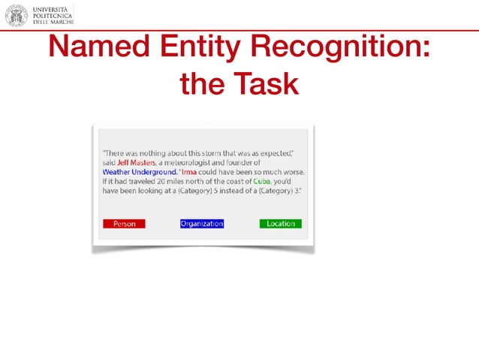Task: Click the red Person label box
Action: (124, 224)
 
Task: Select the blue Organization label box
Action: (202, 224)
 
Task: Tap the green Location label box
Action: (281, 224)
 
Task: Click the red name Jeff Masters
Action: (137, 162)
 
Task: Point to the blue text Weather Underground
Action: (140, 172)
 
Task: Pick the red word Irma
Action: (188, 172)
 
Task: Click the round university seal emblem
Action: (16, 14)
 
